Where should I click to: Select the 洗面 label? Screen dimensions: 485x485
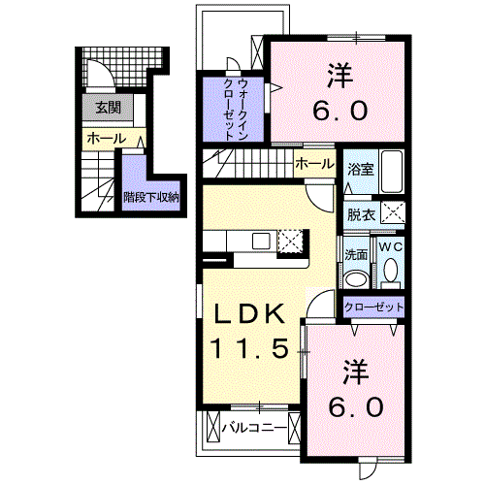[x=356, y=254]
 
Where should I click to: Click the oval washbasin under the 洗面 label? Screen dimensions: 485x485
[x=356, y=278]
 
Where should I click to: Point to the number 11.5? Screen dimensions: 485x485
[x=248, y=347]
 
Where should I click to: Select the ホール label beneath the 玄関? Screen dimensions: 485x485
[x=106, y=140]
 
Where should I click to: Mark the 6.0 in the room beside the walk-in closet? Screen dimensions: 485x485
[x=340, y=110]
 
